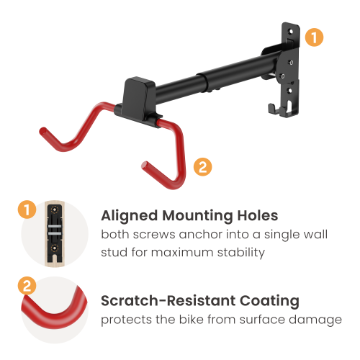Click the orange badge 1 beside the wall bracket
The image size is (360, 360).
(314, 37)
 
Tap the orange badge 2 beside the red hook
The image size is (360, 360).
(203, 167)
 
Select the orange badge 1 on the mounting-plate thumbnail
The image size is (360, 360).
(27, 210)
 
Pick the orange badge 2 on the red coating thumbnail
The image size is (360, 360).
(27, 286)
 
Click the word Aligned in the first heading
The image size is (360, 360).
(130, 216)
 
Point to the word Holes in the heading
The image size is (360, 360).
(258, 215)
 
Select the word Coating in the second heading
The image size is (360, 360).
(269, 301)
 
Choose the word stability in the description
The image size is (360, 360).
(241, 253)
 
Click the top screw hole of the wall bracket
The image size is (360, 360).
(290, 31)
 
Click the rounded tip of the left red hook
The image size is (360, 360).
(43, 132)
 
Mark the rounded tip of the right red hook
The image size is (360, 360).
(145, 166)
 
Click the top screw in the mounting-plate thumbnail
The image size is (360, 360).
(55, 210)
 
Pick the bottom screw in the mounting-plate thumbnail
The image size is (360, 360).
(55, 248)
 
